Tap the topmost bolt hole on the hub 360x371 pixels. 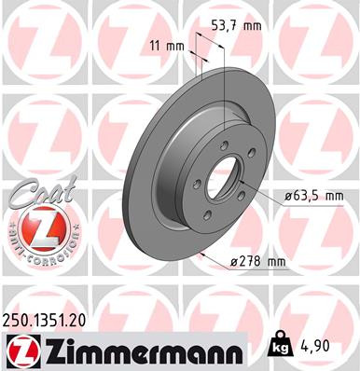click(x=226, y=144)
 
